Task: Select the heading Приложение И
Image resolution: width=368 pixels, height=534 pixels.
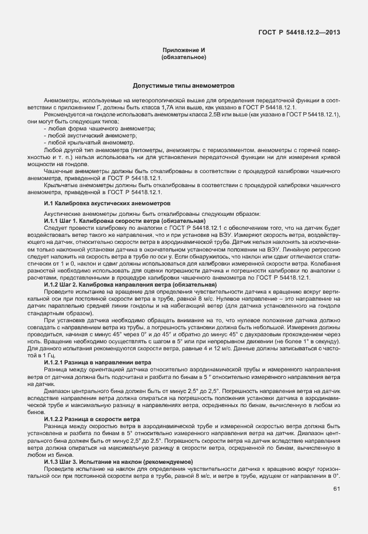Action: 184,51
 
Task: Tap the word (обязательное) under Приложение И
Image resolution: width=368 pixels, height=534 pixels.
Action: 184,58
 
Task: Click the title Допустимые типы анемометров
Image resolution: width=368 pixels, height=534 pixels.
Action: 184,85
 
